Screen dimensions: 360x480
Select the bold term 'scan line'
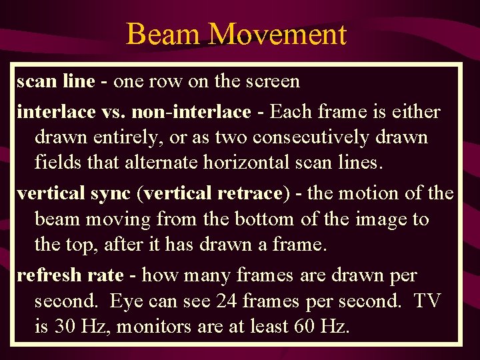coord(56,82)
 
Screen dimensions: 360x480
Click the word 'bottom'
coord(251,219)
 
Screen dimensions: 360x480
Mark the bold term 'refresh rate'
coord(70,275)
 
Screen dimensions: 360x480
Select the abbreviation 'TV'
coord(427,301)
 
